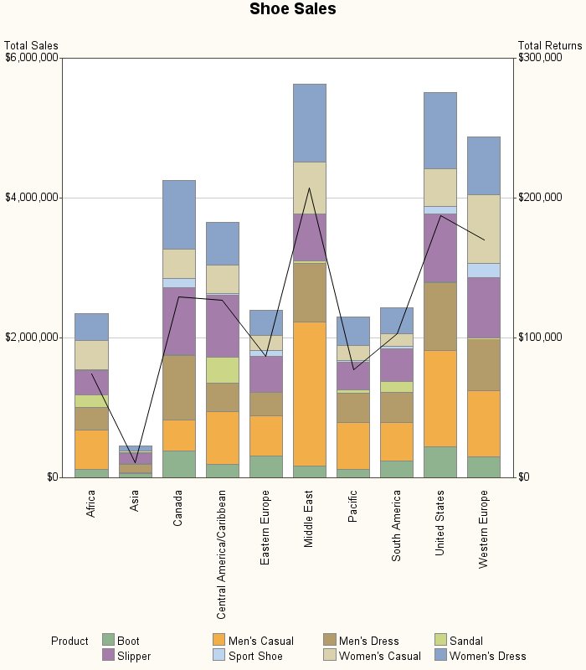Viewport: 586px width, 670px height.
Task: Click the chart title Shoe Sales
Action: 293,9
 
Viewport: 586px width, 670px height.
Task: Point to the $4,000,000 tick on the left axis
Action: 32,198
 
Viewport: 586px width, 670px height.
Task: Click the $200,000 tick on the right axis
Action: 539,198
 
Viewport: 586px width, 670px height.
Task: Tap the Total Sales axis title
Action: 31,45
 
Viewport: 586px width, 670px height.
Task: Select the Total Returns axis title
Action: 549,45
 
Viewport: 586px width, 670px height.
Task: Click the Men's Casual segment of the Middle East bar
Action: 309,394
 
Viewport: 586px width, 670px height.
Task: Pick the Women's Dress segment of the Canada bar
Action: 178,214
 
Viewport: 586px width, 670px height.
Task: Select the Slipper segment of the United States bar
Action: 439,248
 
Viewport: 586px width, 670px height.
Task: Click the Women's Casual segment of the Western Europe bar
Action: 483,229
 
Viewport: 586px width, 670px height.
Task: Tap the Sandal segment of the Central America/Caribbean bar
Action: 222,369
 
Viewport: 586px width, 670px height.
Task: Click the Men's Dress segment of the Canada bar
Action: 178,388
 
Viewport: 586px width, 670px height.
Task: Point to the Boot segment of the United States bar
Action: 439,461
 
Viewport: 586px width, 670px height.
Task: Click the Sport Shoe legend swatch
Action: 218,656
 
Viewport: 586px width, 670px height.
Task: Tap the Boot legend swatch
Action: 107,641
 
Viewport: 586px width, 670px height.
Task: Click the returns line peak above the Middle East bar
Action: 309,188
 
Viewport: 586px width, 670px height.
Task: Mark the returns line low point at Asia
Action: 135,462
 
